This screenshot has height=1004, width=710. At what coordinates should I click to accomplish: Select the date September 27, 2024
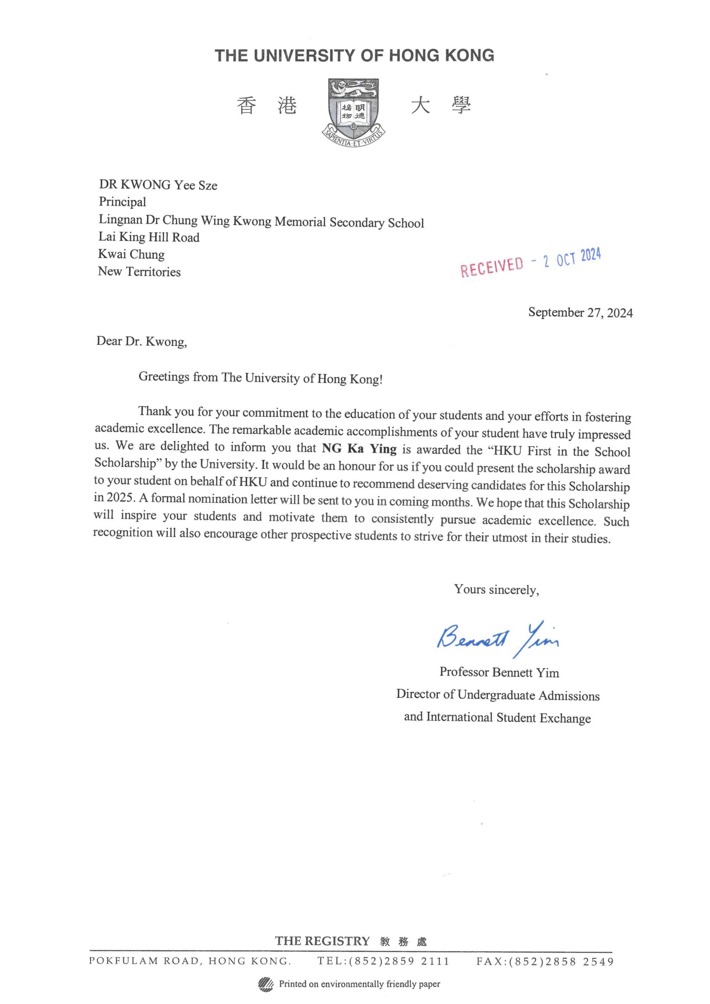580,313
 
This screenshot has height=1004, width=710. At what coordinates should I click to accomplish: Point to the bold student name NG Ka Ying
359,449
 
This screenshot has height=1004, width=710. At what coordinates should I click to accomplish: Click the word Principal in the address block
122,202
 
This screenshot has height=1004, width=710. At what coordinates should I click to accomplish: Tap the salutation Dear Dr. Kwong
141,341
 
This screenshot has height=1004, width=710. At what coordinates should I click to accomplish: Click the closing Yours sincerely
496,589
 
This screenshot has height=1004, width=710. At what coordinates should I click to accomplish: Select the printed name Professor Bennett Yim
499,672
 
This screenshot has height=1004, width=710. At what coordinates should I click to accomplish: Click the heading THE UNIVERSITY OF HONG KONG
354,56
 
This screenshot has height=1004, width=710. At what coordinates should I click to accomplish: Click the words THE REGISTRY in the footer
322,941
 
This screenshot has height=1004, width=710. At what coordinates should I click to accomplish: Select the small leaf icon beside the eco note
266,984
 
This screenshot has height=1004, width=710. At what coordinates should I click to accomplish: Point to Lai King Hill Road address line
149,237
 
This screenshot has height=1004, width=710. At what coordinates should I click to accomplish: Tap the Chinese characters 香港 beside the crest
267,106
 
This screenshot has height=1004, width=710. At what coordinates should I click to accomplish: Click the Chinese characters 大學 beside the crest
441,106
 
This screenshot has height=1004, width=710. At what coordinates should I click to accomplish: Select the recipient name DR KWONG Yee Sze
158,185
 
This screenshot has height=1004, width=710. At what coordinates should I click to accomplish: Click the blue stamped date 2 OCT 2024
572,258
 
